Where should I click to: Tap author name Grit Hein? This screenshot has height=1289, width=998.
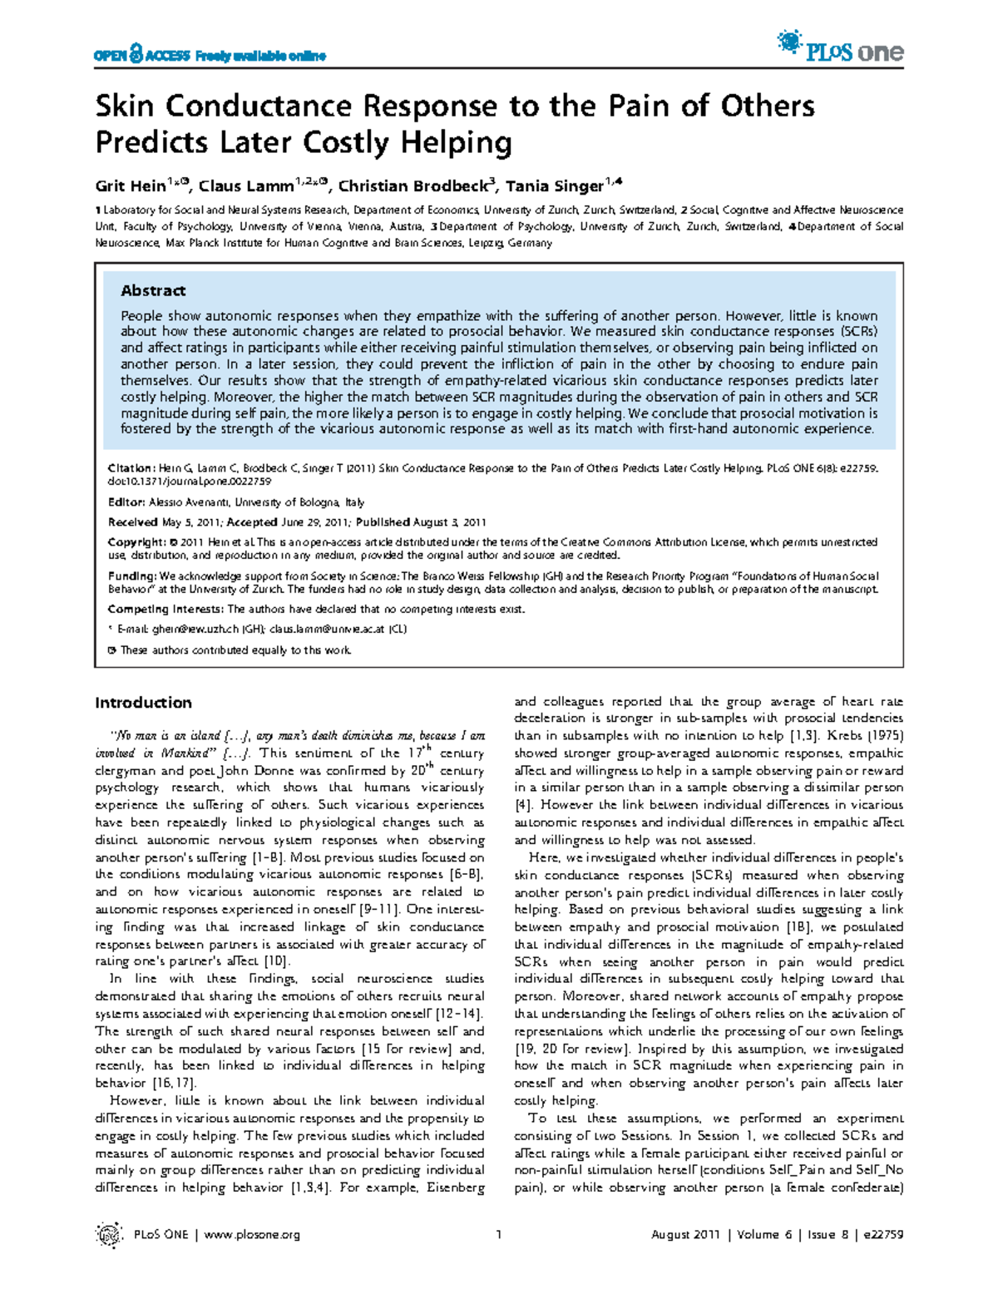(131, 186)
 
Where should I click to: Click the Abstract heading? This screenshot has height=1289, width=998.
(153, 290)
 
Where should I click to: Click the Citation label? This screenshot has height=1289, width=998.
(131, 468)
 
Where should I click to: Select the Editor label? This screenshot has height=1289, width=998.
(126, 502)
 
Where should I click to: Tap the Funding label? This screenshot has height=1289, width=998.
(132, 576)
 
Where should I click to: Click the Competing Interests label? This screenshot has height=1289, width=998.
(166, 610)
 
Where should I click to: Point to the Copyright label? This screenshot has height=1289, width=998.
(136, 542)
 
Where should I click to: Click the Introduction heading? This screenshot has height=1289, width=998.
(143, 703)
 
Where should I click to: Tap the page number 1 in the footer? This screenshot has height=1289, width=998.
(498, 1235)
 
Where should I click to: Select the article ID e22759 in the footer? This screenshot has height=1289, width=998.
(882, 1235)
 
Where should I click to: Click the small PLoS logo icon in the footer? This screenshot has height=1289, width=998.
(109, 1235)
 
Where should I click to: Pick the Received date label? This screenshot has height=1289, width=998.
(133, 522)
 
